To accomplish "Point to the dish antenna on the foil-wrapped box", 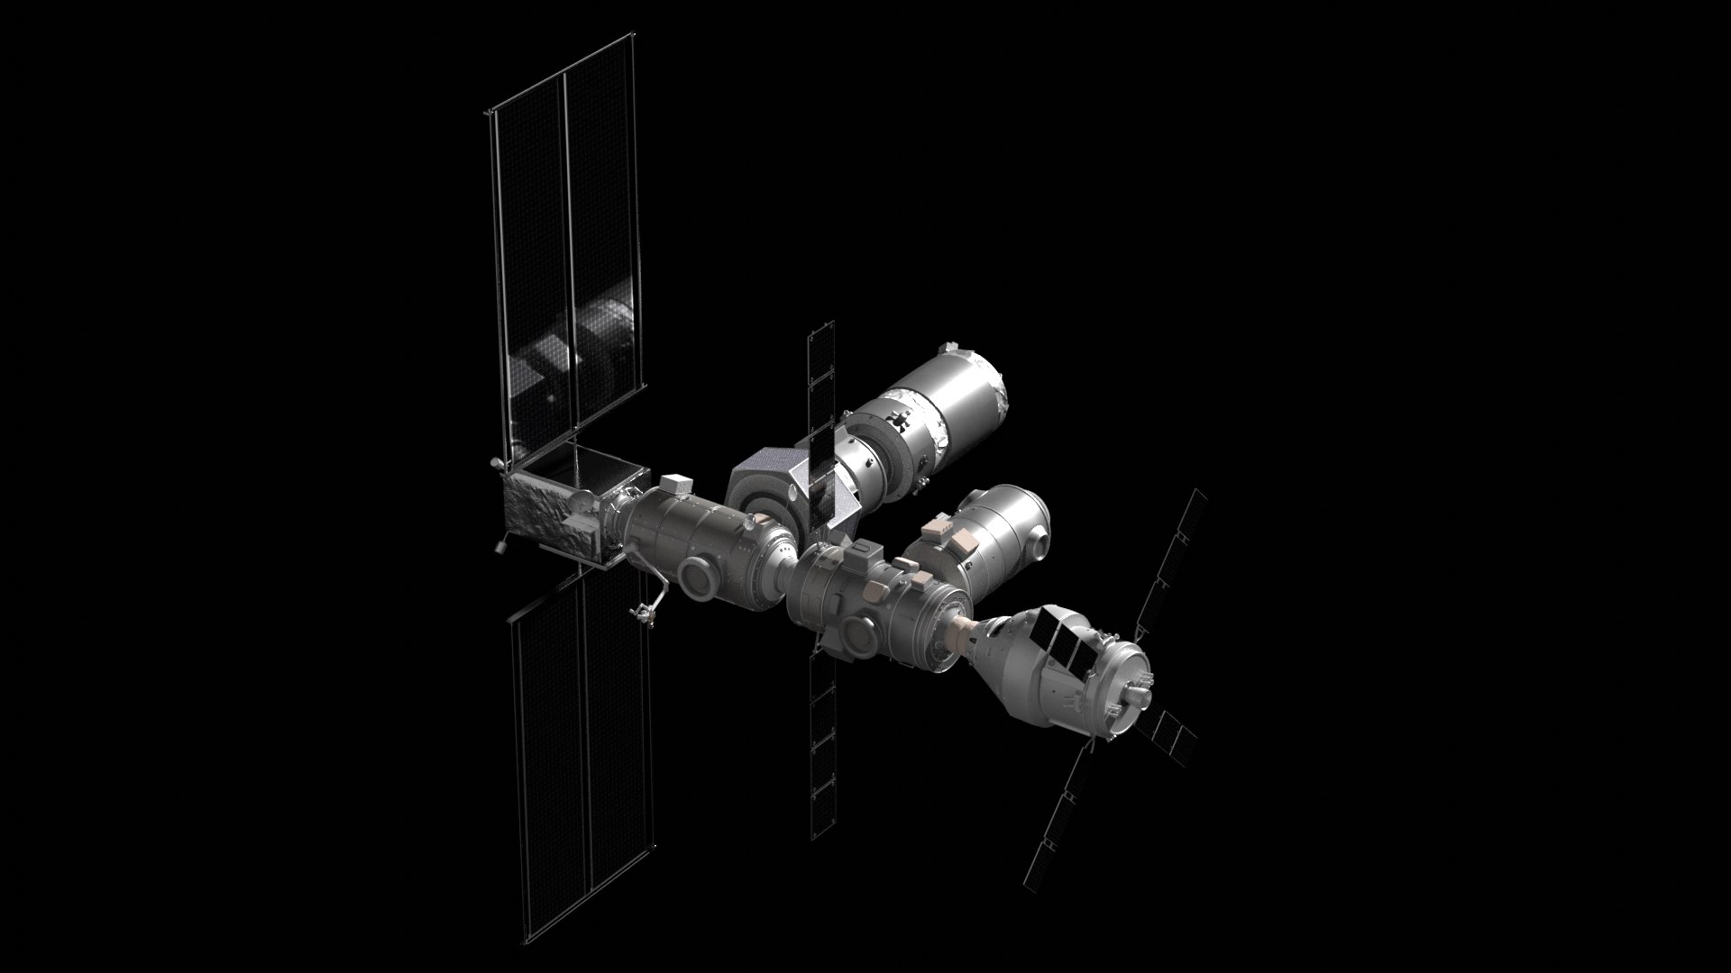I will pos(494,463).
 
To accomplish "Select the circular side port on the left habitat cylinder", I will pos(698,577).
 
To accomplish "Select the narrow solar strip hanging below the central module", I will pos(822,748).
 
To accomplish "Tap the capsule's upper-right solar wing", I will pos(1172,559).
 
